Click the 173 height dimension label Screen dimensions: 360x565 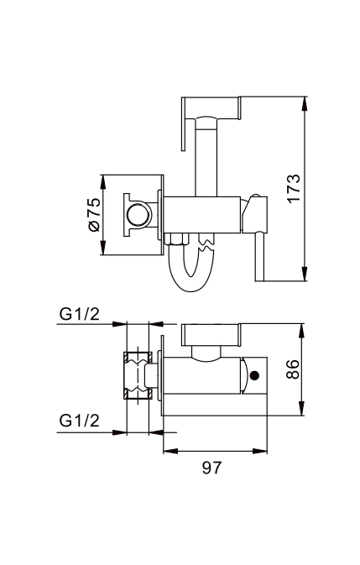coord(294,188)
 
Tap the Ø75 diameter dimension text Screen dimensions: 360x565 coord(94,215)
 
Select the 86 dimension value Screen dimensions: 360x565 coord(293,369)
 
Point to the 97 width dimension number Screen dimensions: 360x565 coord(211,468)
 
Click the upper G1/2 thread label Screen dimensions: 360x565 coord(79,315)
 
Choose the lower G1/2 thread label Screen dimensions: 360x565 coord(79,421)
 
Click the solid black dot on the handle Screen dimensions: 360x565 coord(255,375)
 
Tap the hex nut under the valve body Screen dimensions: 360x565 coord(176,239)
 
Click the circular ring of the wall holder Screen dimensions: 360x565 coord(137,216)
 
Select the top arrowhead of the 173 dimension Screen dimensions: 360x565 coord(305,103)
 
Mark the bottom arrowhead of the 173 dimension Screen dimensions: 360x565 coord(305,274)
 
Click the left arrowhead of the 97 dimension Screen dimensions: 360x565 coord(170,451)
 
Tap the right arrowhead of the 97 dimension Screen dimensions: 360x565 coord(260,451)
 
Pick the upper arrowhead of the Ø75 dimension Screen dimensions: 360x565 coord(103,182)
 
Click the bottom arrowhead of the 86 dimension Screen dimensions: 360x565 coord(302,408)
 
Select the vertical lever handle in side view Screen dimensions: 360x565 coord(260,257)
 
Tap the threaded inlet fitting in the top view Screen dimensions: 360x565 coord(138,375)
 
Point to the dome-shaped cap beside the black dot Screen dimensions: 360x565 coord(244,375)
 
